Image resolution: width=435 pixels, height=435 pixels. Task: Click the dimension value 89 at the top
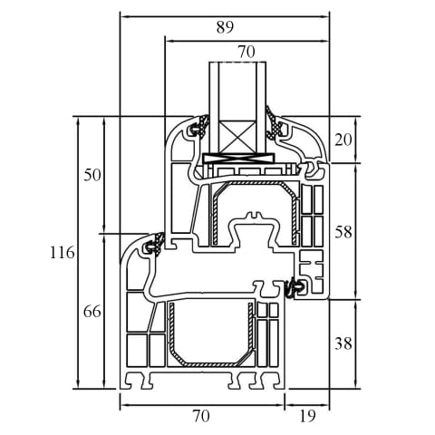(x=225, y=28)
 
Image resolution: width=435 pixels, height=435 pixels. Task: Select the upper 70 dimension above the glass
(x=246, y=52)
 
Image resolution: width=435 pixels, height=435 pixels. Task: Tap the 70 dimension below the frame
(x=201, y=416)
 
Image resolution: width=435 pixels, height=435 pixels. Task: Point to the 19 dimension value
(x=307, y=416)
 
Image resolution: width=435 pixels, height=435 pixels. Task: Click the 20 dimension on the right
(x=343, y=140)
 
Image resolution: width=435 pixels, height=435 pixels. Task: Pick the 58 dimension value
(x=343, y=232)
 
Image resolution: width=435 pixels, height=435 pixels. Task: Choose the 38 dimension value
(x=343, y=343)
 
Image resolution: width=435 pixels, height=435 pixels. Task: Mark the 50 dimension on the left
(x=92, y=175)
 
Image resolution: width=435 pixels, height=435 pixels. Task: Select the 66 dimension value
(x=92, y=312)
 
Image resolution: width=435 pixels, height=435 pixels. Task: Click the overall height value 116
(x=63, y=252)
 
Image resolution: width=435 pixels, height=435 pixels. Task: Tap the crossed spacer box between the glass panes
(x=238, y=137)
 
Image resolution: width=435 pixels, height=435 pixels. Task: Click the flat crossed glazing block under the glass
(x=238, y=158)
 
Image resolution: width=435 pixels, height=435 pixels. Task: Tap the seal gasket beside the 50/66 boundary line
(x=155, y=244)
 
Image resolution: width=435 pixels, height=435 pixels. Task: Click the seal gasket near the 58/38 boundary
(x=294, y=288)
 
